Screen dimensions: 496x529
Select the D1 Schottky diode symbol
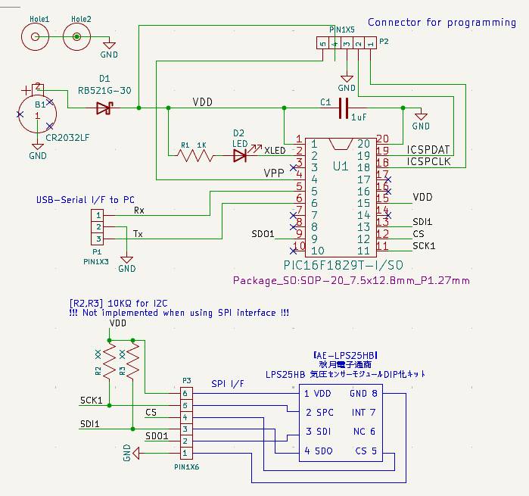(104, 108)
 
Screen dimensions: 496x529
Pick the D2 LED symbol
(241, 155)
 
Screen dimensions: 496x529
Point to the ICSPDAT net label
(428, 150)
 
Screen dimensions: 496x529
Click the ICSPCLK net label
(428, 162)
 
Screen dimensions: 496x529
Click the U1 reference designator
(341, 165)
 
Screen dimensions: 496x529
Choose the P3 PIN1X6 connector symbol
(184, 423)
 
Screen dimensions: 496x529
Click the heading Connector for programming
(442, 22)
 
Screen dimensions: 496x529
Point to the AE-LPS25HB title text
(345, 355)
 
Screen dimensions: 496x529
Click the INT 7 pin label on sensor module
(363, 413)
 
